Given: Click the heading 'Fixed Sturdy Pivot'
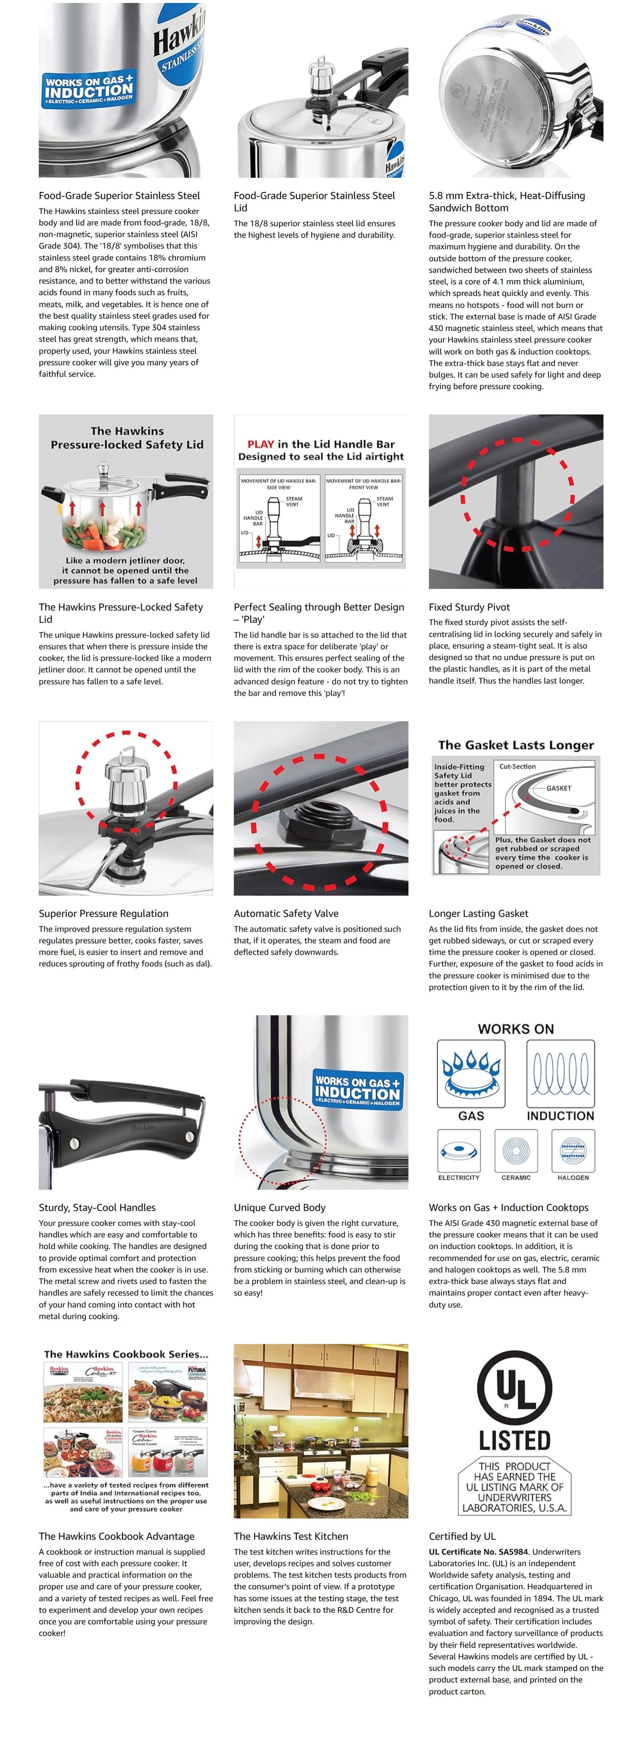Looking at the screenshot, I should point(469,607).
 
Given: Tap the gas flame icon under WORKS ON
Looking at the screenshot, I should point(471,1073).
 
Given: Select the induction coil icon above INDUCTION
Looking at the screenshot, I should point(560,1073).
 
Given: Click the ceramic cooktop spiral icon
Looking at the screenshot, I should point(516,1151).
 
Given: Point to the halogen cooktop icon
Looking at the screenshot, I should point(573,1151).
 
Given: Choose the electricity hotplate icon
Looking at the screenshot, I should point(459,1151).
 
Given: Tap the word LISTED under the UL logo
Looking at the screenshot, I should point(515,1440).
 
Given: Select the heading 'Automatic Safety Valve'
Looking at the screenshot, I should point(286,914).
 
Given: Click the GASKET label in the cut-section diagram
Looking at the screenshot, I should point(558,788).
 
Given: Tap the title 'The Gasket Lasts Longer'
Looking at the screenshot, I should point(516,745).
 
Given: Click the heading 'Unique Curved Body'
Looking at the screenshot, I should point(279,1208).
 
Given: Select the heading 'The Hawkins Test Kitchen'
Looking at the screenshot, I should point(291,1536).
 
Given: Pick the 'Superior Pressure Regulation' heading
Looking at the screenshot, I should point(103,914).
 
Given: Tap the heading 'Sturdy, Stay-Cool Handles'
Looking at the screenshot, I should point(97,1208).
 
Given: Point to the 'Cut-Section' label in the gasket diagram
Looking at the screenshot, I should point(518,766).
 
